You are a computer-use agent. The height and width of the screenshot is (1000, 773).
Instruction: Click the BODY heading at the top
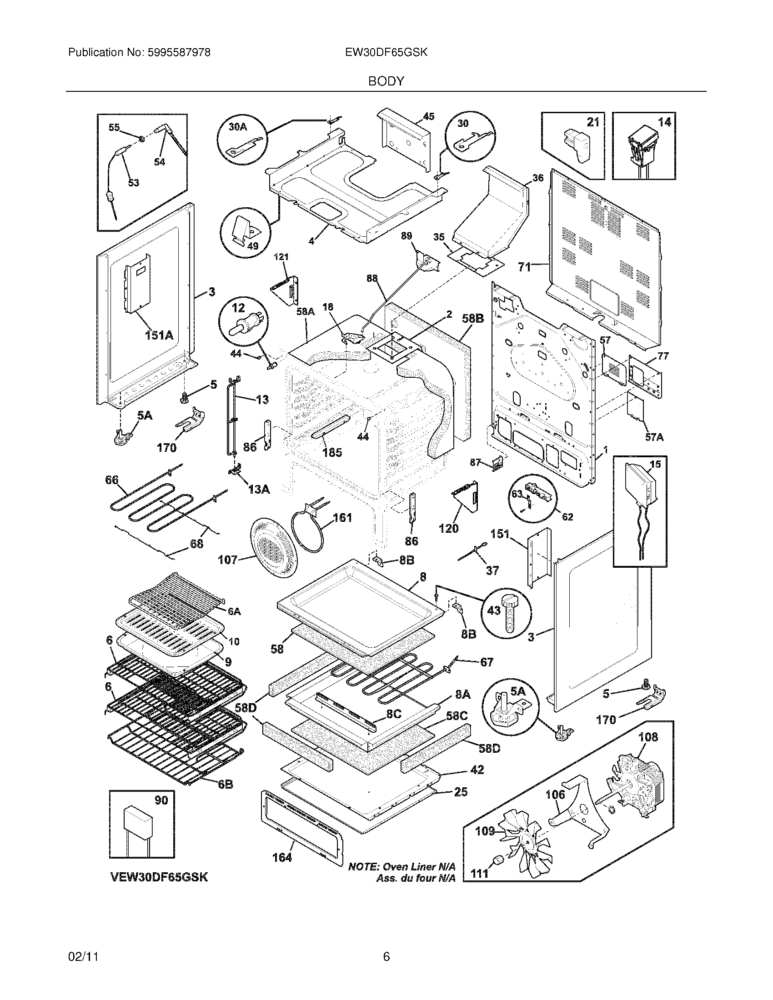386,81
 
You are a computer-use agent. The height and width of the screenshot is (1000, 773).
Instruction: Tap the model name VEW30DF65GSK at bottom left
159,877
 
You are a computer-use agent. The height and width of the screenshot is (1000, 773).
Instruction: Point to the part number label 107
227,560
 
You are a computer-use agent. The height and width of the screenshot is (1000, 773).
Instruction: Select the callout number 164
282,857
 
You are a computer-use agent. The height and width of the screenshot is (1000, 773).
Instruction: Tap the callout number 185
332,453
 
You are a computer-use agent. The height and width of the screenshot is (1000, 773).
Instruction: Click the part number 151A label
159,335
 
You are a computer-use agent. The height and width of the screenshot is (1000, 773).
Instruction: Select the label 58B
472,318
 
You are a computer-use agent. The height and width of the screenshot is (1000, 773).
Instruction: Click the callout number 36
538,177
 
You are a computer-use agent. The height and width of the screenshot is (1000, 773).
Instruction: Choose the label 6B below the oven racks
225,785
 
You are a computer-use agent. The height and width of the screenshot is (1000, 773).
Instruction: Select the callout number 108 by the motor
648,737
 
